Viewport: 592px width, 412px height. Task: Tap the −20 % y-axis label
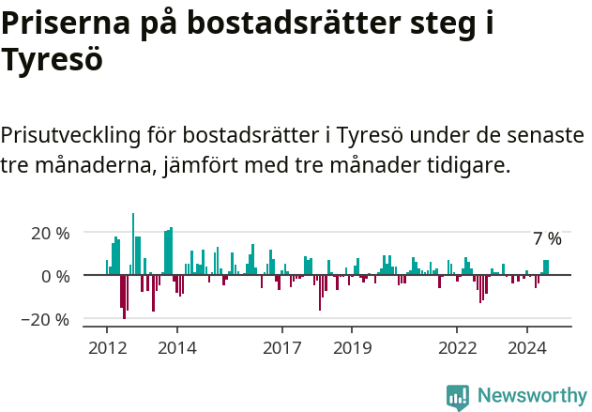[x=47, y=320]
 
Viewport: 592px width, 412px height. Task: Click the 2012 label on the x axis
[x=107, y=348]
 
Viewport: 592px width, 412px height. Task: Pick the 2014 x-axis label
[x=177, y=348]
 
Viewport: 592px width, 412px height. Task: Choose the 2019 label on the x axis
[x=352, y=348]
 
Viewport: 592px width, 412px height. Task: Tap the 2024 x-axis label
[x=526, y=348]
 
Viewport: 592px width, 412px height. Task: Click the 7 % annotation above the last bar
[x=547, y=239]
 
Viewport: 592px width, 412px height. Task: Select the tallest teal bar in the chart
[x=133, y=244]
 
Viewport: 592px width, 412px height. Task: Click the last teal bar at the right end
[x=547, y=267]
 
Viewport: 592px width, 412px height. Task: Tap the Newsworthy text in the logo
[x=531, y=396]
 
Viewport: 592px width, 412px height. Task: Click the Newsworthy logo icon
[x=458, y=397]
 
